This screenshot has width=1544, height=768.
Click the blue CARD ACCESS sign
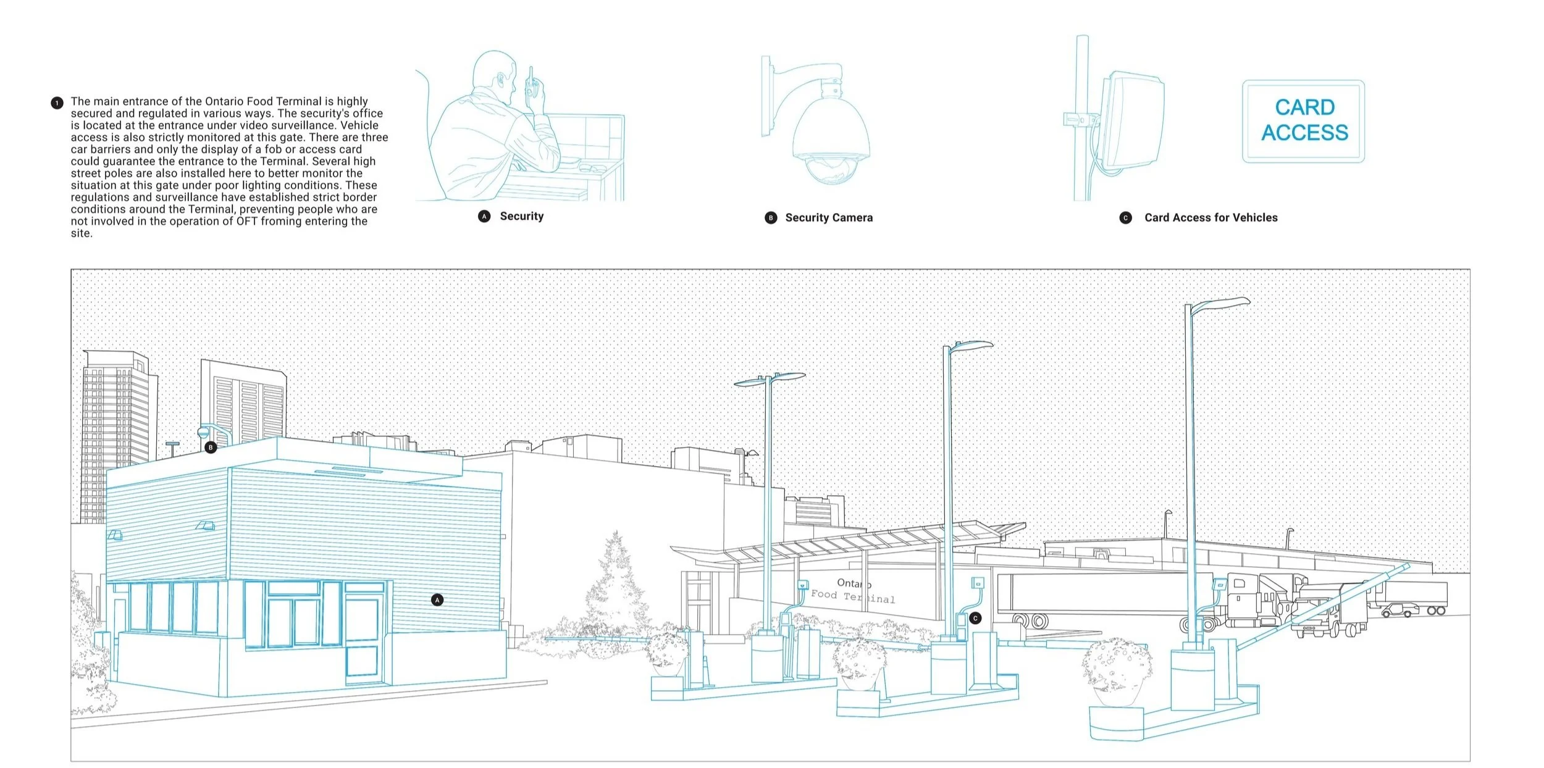click(x=1303, y=121)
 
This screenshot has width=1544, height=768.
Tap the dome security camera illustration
click(x=830, y=139)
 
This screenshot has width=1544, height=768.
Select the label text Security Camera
click(x=829, y=217)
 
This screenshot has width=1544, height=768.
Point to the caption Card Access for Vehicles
click(x=1210, y=217)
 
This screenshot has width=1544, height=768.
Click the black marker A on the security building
click(x=437, y=599)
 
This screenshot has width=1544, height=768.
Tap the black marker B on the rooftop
click(x=211, y=447)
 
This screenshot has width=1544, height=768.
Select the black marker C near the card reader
click(x=975, y=618)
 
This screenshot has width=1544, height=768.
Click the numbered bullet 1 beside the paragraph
click(x=57, y=102)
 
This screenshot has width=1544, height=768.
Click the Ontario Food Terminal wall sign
click(x=853, y=591)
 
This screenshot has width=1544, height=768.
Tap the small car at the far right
click(x=1399, y=611)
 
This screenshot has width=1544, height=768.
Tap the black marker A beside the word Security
click(x=484, y=216)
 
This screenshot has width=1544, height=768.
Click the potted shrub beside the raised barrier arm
click(x=1117, y=673)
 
